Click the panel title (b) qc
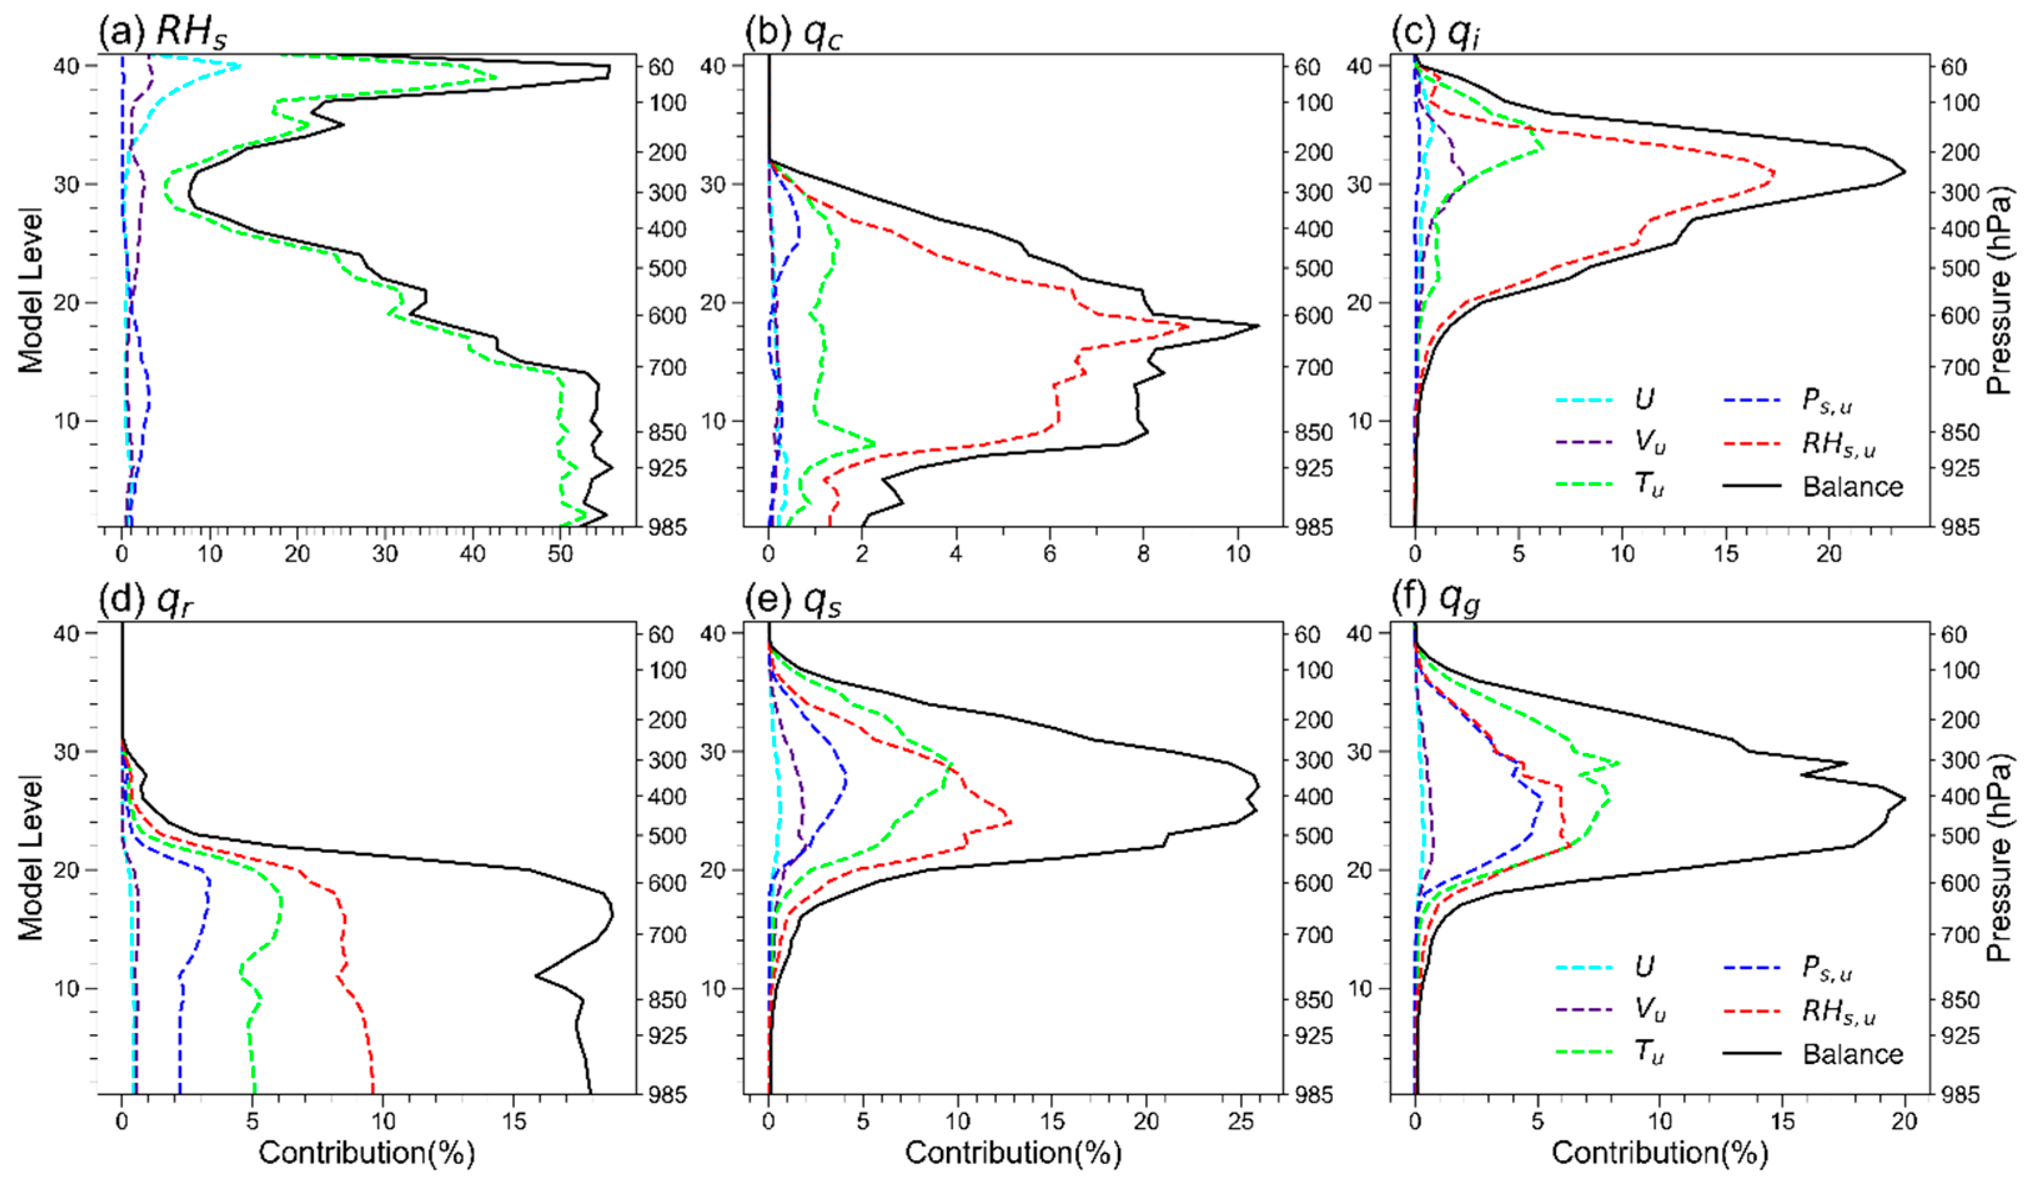[x=793, y=32]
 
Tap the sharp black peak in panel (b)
[x=1258, y=326]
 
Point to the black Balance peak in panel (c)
[x=1905, y=172]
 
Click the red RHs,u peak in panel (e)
[x=1010, y=822]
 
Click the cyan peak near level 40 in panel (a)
[x=240, y=66]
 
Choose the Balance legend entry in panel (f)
[x=1852, y=1053]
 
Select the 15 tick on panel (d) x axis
[x=514, y=1121]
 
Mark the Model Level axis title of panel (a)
[x=31, y=290]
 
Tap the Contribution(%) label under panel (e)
[x=1013, y=1153]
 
